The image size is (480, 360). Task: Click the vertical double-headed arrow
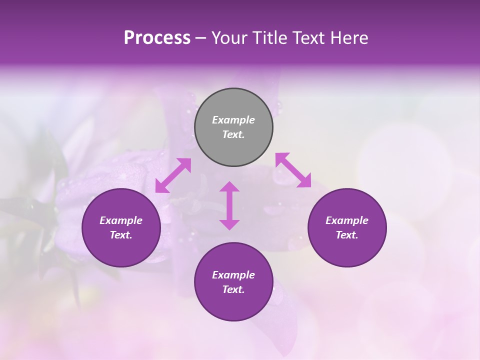point(229,205)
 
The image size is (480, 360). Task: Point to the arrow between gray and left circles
point(173,175)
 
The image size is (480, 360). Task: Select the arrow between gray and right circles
point(293,170)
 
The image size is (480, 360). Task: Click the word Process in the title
point(157,38)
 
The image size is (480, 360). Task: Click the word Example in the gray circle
point(233,120)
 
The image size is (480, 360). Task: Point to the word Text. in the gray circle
point(233,134)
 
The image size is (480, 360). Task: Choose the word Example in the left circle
point(121,220)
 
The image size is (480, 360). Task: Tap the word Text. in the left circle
point(121,235)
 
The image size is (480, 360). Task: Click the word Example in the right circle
point(347,220)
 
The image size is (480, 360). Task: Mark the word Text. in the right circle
point(347,235)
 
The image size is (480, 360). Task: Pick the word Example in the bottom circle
point(233,275)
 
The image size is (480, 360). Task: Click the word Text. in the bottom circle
point(233,289)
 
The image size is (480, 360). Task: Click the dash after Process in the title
point(201,38)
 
